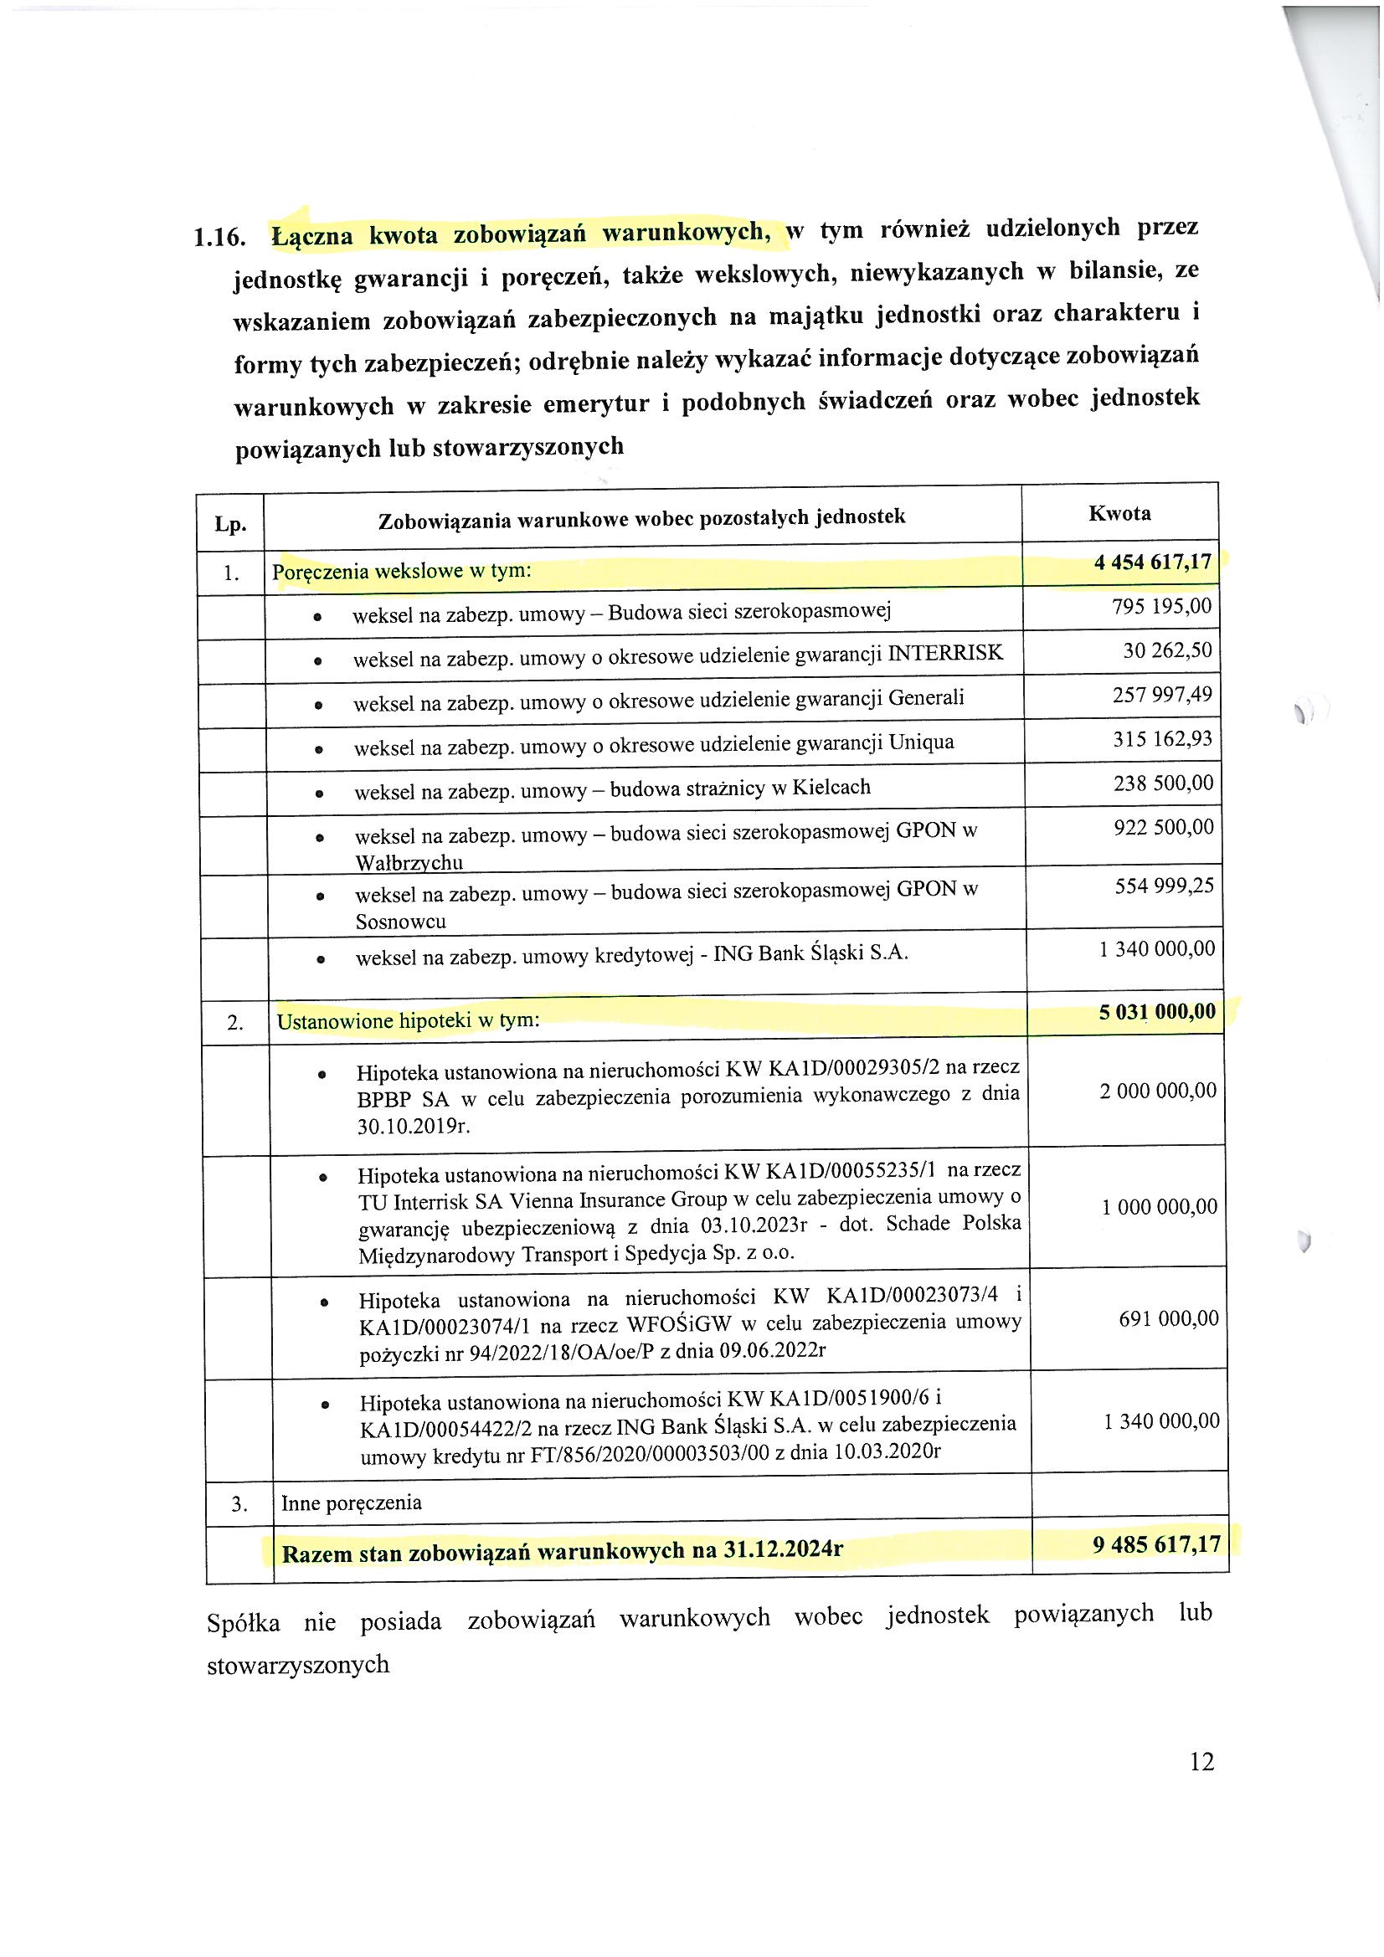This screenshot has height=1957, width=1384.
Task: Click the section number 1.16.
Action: tap(220, 237)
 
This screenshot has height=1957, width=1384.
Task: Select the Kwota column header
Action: tap(1119, 513)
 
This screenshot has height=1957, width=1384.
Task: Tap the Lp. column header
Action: tap(230, 524)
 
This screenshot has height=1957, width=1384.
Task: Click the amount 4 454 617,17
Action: tap(1152, 562)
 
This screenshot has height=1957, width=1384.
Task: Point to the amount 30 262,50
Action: tap(1166, 651)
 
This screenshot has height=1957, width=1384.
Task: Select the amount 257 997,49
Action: tap(1161, 696)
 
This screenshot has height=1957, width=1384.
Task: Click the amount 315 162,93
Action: tap(1161, 739)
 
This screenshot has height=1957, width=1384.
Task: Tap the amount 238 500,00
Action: tap(1162, 783)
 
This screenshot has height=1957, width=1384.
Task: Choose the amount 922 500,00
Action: tap(1163, 828)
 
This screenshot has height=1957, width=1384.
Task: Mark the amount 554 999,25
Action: tap(1164, 886)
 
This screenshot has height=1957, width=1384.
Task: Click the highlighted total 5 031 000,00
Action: tap(1157, 1012)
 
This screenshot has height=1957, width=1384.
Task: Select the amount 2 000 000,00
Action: tap(1157, 1091)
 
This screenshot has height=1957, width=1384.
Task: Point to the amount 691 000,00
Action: tap(1168, 1318)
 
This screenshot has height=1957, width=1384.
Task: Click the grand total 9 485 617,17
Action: tap(1156, 1544)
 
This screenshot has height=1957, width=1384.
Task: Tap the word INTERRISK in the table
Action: tap(944, 653)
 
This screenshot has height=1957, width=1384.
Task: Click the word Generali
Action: tap(926, 698)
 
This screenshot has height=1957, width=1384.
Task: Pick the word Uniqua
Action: tap(921, 742)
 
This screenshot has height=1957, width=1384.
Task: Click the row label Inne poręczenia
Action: tap(352, 1502)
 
